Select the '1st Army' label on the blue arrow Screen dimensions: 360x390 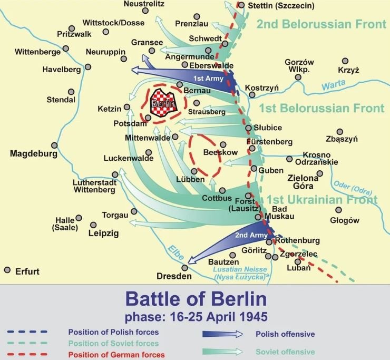click(208, 79)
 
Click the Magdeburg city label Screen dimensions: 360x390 click(33, 154)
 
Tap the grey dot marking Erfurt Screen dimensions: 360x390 click(7, 269)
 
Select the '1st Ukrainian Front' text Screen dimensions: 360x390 click(321, 200)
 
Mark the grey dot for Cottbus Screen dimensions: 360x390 click(222, 190)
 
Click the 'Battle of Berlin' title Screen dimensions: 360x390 click(196, 300)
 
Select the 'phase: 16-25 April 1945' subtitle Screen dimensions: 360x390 click(196, 318)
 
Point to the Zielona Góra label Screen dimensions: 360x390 click(303, 182)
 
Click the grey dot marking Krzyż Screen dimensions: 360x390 click(345, 61)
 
